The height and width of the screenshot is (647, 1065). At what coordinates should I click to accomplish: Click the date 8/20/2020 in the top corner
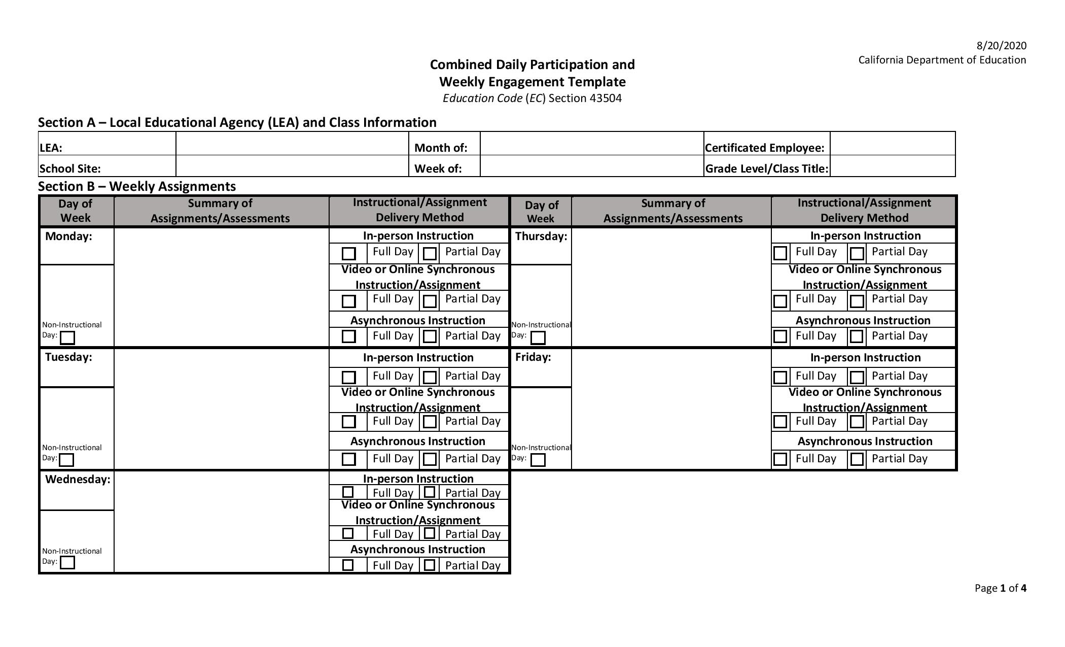click(x=1001, y=46)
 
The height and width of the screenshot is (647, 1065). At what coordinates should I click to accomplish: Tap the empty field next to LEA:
click(x=292, y=144)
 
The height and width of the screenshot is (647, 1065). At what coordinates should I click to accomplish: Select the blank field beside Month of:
click(x=591, y=144)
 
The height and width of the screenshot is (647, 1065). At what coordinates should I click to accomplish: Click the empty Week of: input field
click(x=591, y=166)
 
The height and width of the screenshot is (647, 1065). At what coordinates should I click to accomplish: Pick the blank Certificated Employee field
click(x=893, y=144)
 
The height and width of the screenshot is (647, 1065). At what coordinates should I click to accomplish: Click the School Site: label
click(x=70, y=168)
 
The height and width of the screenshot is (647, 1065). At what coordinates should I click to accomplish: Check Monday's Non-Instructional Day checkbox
click(x=67, y=337)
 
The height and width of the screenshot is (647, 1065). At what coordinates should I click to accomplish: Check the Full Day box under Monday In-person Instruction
click(x=349, y=253)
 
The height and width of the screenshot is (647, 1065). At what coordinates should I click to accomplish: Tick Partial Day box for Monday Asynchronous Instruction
click(x=430, y=336)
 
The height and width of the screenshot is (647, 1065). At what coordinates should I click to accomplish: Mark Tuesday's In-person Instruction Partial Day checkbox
click(x=430, y=377)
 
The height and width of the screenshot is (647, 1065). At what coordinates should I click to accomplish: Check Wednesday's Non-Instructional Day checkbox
click(x=67, y=562)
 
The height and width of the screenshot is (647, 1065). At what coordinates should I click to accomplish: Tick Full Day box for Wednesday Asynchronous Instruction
click(x=348, y=565)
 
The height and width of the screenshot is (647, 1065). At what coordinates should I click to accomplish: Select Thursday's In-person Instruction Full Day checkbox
click(x=780, y=253)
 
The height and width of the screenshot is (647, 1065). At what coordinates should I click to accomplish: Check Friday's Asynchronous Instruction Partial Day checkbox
click(x=857, y=459)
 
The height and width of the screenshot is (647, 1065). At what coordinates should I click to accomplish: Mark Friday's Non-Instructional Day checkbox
click(x=538, y=460)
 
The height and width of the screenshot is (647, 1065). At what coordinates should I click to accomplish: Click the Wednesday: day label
click(x=78, y=480)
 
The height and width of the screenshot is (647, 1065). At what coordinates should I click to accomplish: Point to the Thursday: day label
click(x=541, y=236)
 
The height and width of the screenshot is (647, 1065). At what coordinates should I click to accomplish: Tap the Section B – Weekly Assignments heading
click(x=137, y=186)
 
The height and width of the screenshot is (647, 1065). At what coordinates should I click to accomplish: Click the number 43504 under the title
click(x=606, y=98)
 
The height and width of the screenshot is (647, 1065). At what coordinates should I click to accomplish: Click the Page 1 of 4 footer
click(x=1000, y=588)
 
